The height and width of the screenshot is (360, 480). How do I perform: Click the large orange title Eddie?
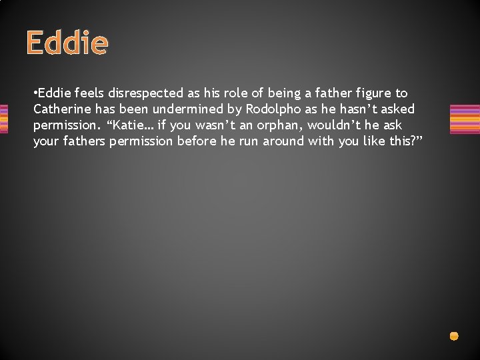pyautogui.click(x=67, y=43)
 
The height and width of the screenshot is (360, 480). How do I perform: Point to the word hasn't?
pyautogui.click(x=359, y=109)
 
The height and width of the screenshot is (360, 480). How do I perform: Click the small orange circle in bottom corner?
pyautogui.click(x=453, y=336)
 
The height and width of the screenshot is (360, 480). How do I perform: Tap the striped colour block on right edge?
pyautogui.click(x=465, y=119)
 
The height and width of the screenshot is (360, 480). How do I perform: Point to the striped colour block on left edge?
pyautogui.click(x=3, y=119)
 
